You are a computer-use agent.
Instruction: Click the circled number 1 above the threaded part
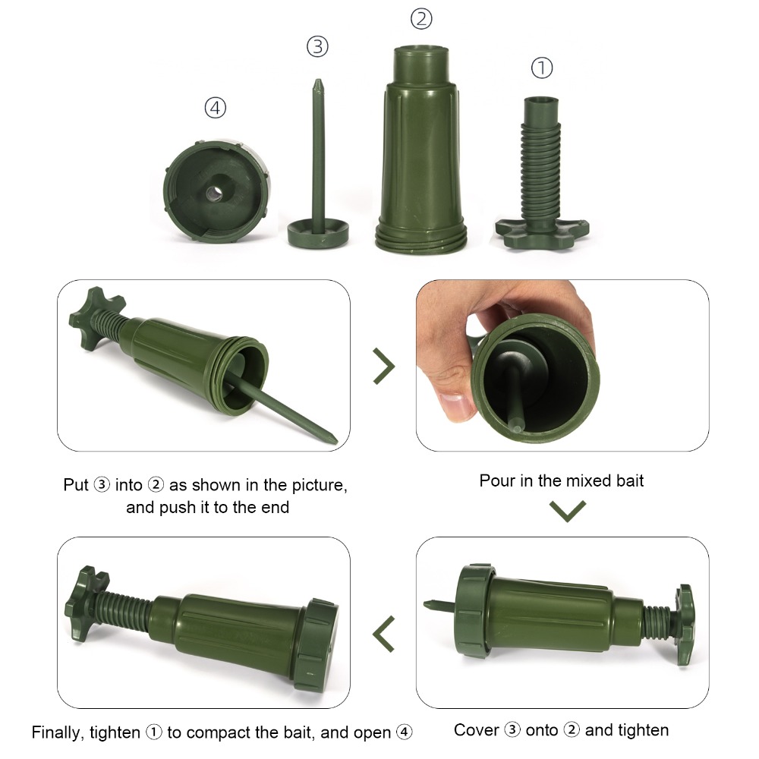click(541, 68)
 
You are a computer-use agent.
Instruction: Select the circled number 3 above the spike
click(317, 47)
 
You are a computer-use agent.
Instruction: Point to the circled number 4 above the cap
click(216, 109)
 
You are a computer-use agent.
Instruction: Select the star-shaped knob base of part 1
click(542, 231)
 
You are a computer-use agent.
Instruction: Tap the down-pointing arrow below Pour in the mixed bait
click(568, 511)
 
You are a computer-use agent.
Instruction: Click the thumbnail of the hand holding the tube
click(562, 365)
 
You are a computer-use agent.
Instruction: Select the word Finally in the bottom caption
click(58, 732)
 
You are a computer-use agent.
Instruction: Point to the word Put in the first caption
click(76, 485)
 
